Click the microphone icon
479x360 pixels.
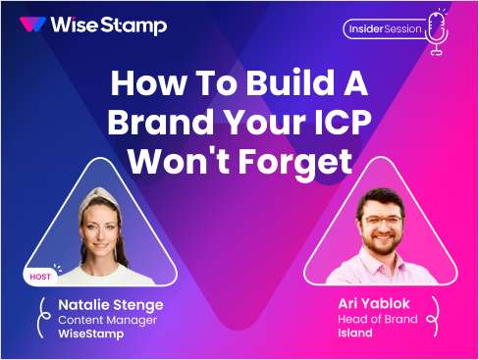pos(437,28)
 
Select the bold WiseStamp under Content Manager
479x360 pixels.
pos(88,335)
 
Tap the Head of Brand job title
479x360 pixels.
pos(375,319)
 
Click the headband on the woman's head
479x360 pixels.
pos(103,195)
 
